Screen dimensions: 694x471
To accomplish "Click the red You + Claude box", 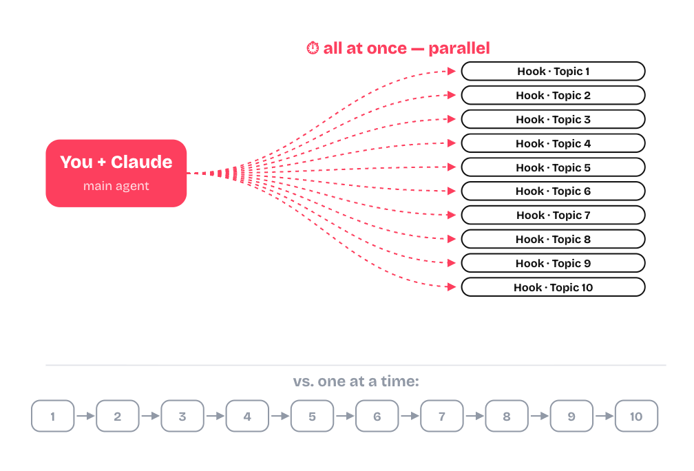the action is [116, 173].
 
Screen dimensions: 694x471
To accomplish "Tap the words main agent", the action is [116, 186].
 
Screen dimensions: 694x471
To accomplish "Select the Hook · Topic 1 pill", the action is [554, 72].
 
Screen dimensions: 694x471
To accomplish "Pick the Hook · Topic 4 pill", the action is [554, 143].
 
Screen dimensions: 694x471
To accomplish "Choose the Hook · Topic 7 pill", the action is [554, 215].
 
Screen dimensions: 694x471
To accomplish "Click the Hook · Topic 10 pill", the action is [554, 287].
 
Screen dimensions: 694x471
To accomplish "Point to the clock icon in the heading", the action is [313, 48].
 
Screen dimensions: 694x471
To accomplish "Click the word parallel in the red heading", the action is [459, 48].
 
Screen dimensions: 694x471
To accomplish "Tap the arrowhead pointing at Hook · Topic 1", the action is [452, 72].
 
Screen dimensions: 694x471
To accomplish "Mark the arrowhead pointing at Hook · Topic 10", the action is [452, 287].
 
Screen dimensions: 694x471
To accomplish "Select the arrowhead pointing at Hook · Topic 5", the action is [452, 167].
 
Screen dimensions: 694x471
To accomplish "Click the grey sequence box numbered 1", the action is [52, 416].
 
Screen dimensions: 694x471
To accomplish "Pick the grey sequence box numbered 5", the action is [312, 416].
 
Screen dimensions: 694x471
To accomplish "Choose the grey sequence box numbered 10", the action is [636, 416].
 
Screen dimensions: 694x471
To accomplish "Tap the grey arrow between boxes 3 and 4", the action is [215, 416].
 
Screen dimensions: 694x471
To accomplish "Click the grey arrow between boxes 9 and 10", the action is [604, 416].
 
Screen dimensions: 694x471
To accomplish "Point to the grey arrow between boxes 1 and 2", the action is [85, 416].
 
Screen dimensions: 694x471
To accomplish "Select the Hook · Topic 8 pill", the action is [554, 239].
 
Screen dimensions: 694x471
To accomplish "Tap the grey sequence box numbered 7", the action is [442, 416].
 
